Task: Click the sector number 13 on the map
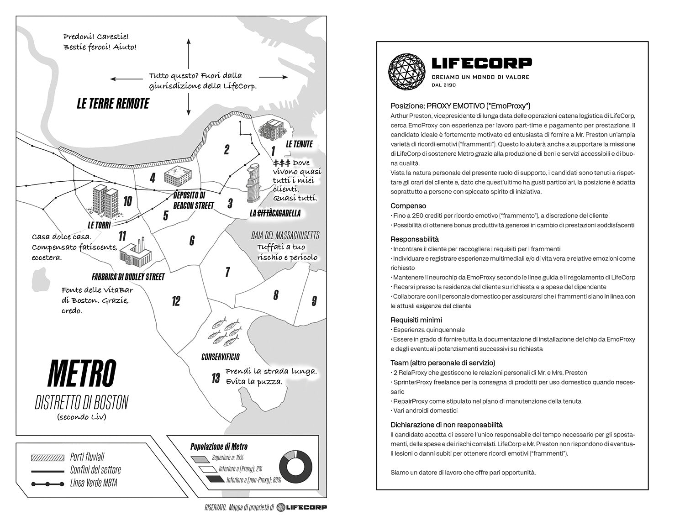216,378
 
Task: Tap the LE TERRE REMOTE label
113,104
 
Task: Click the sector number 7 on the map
227,272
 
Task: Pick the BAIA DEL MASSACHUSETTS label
285,236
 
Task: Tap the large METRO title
82,373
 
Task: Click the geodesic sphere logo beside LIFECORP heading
406,72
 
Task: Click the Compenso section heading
408,206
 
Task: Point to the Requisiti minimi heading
416,320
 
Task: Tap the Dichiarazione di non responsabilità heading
446,425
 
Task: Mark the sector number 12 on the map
176,301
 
